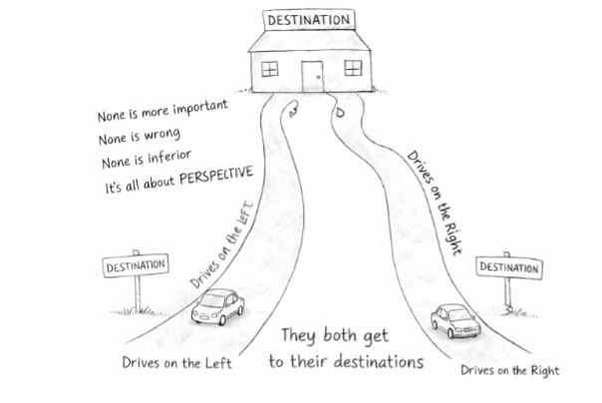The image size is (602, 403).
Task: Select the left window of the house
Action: (x=269, y=68)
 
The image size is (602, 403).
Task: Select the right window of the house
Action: (x=353, y=68)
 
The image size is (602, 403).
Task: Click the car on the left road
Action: (x=217, y=308)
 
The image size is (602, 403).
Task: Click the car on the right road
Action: (x=455, y=320)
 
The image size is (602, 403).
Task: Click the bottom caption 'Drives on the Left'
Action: (x=176, y=362)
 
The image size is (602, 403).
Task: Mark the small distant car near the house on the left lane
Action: (x=293, y=111)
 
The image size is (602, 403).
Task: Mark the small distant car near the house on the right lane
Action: (x=341, y=111)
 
